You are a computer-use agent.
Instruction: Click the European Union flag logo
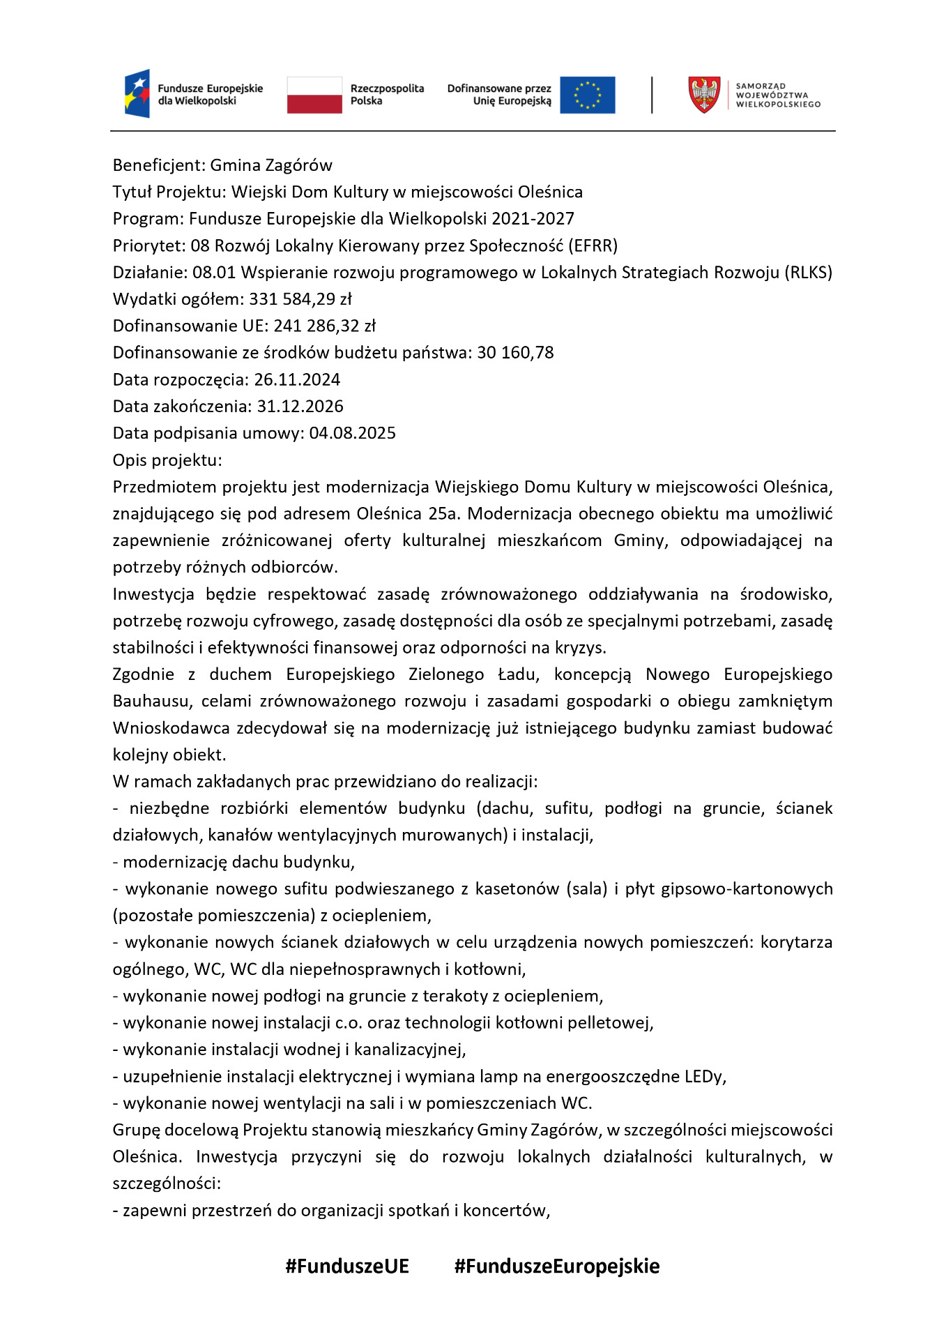point(587,95)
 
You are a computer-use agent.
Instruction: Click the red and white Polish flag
point(314,95)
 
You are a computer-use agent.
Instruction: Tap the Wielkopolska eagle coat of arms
point(704,95)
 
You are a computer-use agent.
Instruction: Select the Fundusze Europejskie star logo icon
point(137,93)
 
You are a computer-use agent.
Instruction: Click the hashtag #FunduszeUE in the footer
point(347,1266)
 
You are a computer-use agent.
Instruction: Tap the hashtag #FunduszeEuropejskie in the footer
point(556,1266)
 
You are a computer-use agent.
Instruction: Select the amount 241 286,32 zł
point(324,326)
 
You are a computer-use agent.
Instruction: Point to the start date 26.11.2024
point(297,379)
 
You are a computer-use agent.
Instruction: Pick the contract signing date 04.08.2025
point(352,433)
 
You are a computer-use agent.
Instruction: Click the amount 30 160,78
point(515,353)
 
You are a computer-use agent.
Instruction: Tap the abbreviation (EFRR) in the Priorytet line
point(593,245)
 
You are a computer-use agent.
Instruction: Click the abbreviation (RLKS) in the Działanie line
point(808,273)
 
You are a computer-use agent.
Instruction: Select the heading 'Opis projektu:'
point(167,460)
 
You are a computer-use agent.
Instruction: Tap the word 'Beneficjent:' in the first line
point(159,165)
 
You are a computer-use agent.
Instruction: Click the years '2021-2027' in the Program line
point(533,219)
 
